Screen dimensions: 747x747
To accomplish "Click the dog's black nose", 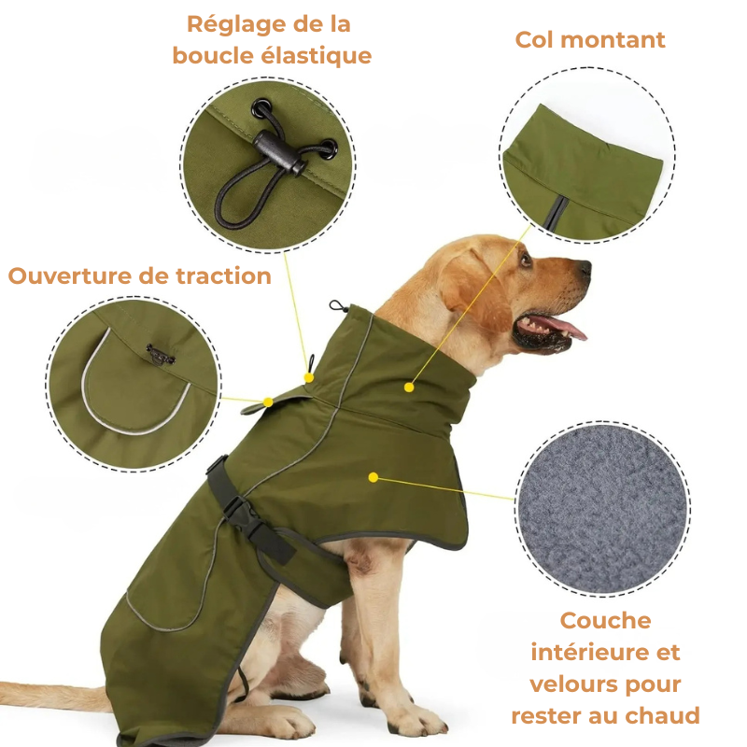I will pyautogui.click(x=583, y=269).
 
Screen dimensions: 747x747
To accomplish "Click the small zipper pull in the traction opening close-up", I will pyautogui.click(x=161, y=355).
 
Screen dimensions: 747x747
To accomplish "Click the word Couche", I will pyautogui.click(x=605, y=621).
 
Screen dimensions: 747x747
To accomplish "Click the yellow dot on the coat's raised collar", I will pyautogui.click(x=409, y=387).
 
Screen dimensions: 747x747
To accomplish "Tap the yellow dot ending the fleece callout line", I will pyautogui.click(x=373, y=477).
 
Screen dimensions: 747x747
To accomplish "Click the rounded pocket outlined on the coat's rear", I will pyautogui.click(x=164, y=588).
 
